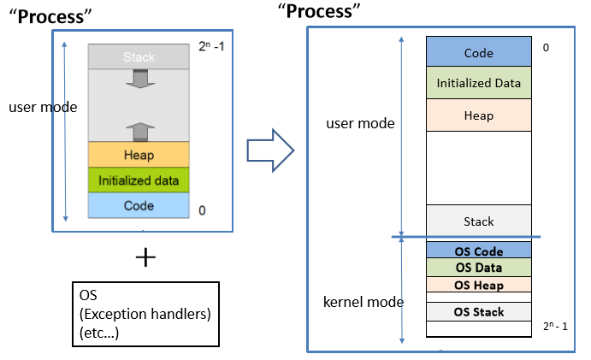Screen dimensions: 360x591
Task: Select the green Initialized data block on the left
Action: click(x=138, y=180)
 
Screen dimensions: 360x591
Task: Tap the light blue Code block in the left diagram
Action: click(x=138, y=206)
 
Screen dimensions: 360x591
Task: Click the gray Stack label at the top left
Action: click(x=138, y=57)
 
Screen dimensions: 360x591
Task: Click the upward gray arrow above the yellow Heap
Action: click(x=138, y=129)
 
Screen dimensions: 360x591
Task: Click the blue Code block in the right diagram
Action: click(x=478, y=53)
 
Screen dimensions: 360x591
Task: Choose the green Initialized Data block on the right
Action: click(x=478, y=83)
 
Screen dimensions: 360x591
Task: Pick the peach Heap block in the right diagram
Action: click(x=478, y=115)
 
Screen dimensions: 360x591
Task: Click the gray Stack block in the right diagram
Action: click(x=478, y=221)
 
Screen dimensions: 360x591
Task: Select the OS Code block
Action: click(x=478, y=251)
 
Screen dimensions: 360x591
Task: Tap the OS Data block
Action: click(x=478, y=268)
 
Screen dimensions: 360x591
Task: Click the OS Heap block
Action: click(x=478, y=285)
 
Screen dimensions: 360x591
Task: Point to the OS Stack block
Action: click(x=478, y=311)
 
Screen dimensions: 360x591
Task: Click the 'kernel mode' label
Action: click(x=363, y=302)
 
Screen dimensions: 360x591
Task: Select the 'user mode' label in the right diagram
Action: click(x=360, y=123)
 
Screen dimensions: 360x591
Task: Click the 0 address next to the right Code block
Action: click(x=546, y=48)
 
